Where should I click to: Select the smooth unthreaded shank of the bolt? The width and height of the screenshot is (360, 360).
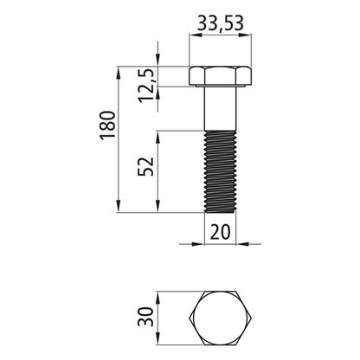click(x=221, y=108)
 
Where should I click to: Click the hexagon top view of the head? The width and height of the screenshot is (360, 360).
click(x=221, y=322)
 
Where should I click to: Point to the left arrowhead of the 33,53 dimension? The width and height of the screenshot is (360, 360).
click(x=193, y=35)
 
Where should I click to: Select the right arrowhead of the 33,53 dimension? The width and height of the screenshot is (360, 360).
click(x=249, y=35)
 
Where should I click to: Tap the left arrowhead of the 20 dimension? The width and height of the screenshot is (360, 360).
click(x=197, y=243)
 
